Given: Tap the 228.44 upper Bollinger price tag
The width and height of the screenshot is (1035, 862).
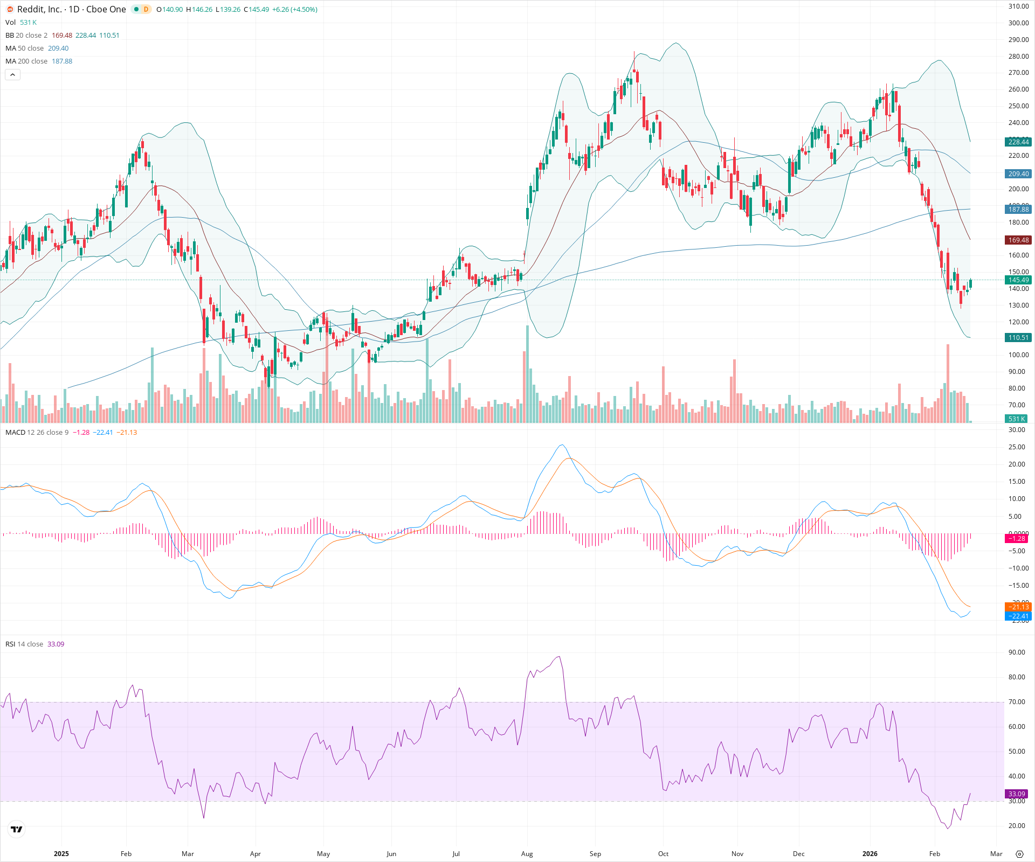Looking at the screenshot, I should (x=1018, y=142).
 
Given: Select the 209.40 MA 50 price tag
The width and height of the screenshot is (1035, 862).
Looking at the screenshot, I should (x=1018, y=174).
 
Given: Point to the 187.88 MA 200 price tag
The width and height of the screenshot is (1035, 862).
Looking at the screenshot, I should (x=1018, y=210).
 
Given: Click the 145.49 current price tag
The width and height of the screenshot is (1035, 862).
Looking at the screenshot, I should (x=1018, y=280).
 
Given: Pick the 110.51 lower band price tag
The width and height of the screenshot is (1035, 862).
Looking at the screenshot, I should (x=1018, y=338).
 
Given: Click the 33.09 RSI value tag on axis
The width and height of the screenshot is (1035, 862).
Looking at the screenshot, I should (x=1017, y=794).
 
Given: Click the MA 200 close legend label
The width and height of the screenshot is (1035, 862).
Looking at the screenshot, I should (x=26, y=61).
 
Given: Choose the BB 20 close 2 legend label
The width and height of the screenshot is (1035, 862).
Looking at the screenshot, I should (x=26, y=36).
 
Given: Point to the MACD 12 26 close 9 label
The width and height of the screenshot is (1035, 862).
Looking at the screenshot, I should (x=37, y=433).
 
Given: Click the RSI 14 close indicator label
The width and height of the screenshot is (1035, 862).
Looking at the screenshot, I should (x=24, y=644).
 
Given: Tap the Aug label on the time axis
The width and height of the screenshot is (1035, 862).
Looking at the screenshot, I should (x=527, y=854).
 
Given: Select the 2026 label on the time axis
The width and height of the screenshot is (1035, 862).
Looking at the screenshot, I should (x=870, y=854).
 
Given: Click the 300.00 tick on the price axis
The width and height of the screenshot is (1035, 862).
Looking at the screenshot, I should (x=1018, y=23).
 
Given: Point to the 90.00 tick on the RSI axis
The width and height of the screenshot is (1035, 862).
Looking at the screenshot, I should (x=1017, y=652).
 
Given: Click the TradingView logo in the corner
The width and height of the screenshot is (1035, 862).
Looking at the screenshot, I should (x=17, y=829).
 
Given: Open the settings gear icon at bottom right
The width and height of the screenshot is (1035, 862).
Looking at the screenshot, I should (x=1019, y=854).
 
